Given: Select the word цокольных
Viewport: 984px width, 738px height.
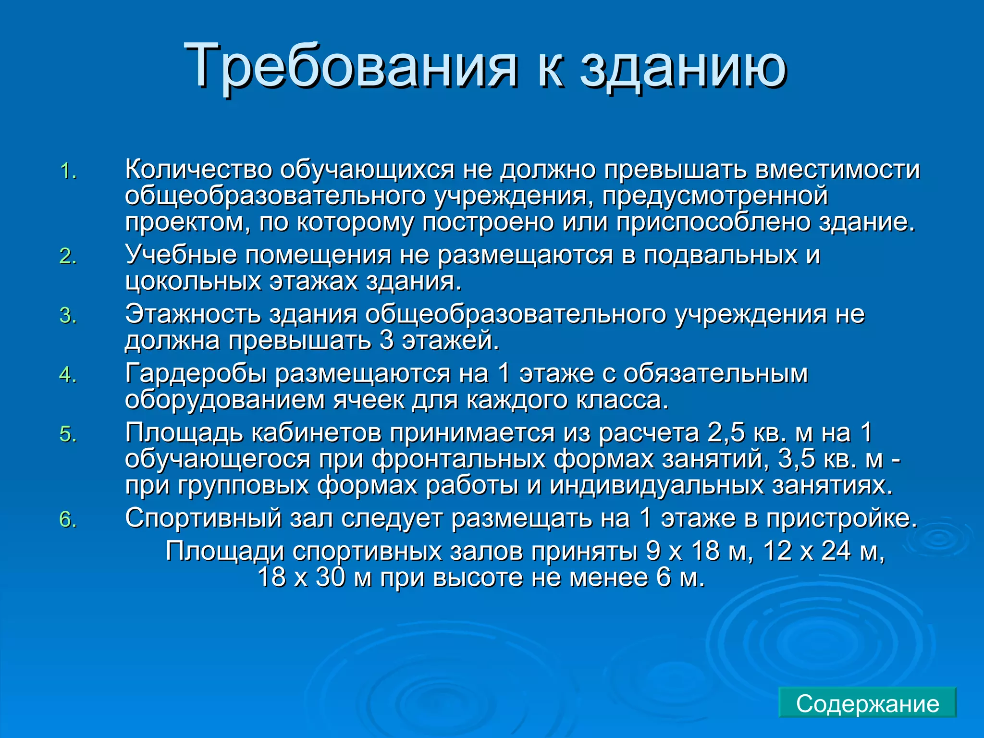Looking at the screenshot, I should point(193,281).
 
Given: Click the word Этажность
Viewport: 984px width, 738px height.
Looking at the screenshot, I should point(192,314).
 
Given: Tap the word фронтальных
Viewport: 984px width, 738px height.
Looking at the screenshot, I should point(458,459).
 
